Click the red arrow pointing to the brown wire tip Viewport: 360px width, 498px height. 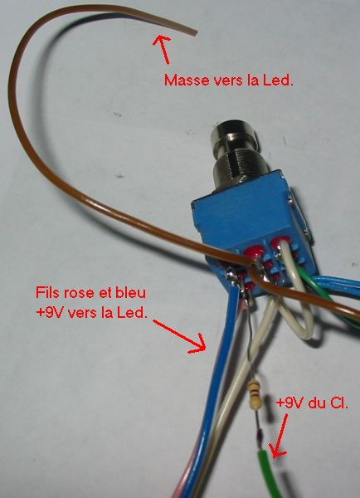[x=162, y=49]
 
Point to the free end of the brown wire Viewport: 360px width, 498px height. [x=194, y=32]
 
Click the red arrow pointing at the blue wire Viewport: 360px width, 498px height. [x=179, y=336]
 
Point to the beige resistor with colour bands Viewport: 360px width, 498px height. [x=255, y=395]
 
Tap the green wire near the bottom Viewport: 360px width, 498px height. [x=268, y=473]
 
